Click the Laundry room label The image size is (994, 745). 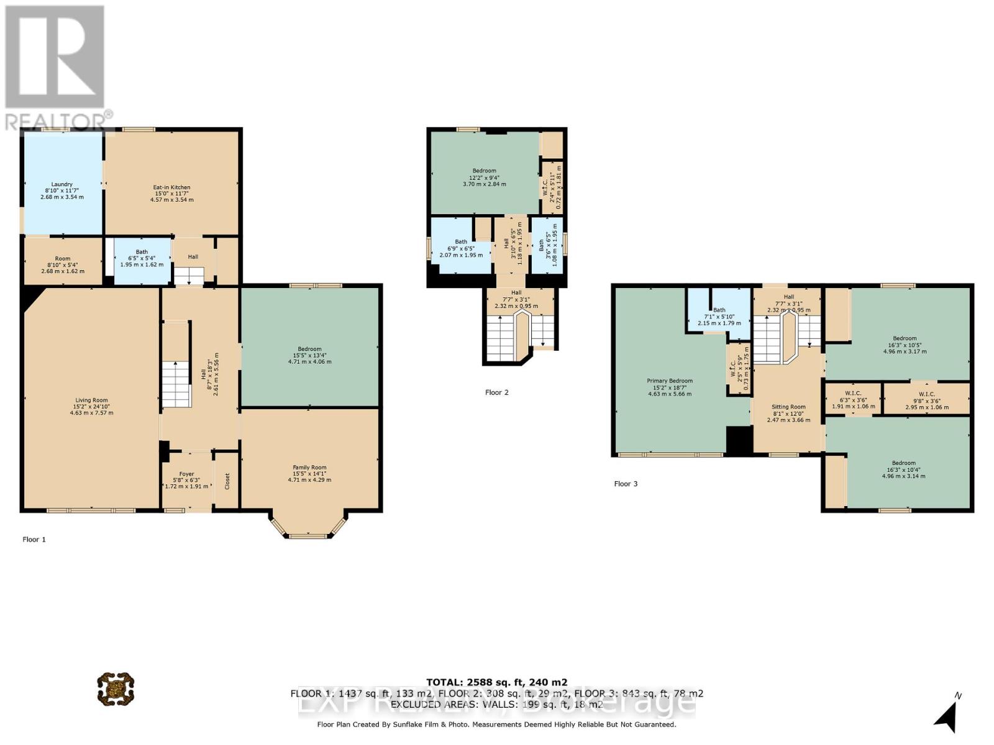coord(62,184)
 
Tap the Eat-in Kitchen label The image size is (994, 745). coord(171,187)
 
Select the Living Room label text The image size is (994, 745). coord(92,400)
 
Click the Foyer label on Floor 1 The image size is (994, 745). coord(186,474)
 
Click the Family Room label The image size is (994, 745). coord(309,467)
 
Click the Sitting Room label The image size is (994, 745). coord(788,407)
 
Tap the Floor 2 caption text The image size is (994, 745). coord(496,392)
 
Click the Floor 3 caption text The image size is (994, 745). coord(626,484)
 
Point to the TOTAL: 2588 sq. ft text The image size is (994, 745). coord(496,682)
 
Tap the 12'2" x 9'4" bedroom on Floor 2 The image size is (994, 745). coord(484,171)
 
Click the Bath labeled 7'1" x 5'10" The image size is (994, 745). coord(719,310)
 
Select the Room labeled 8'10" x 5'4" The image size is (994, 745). coord(62,259)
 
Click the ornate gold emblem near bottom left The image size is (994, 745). coord(116,689)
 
